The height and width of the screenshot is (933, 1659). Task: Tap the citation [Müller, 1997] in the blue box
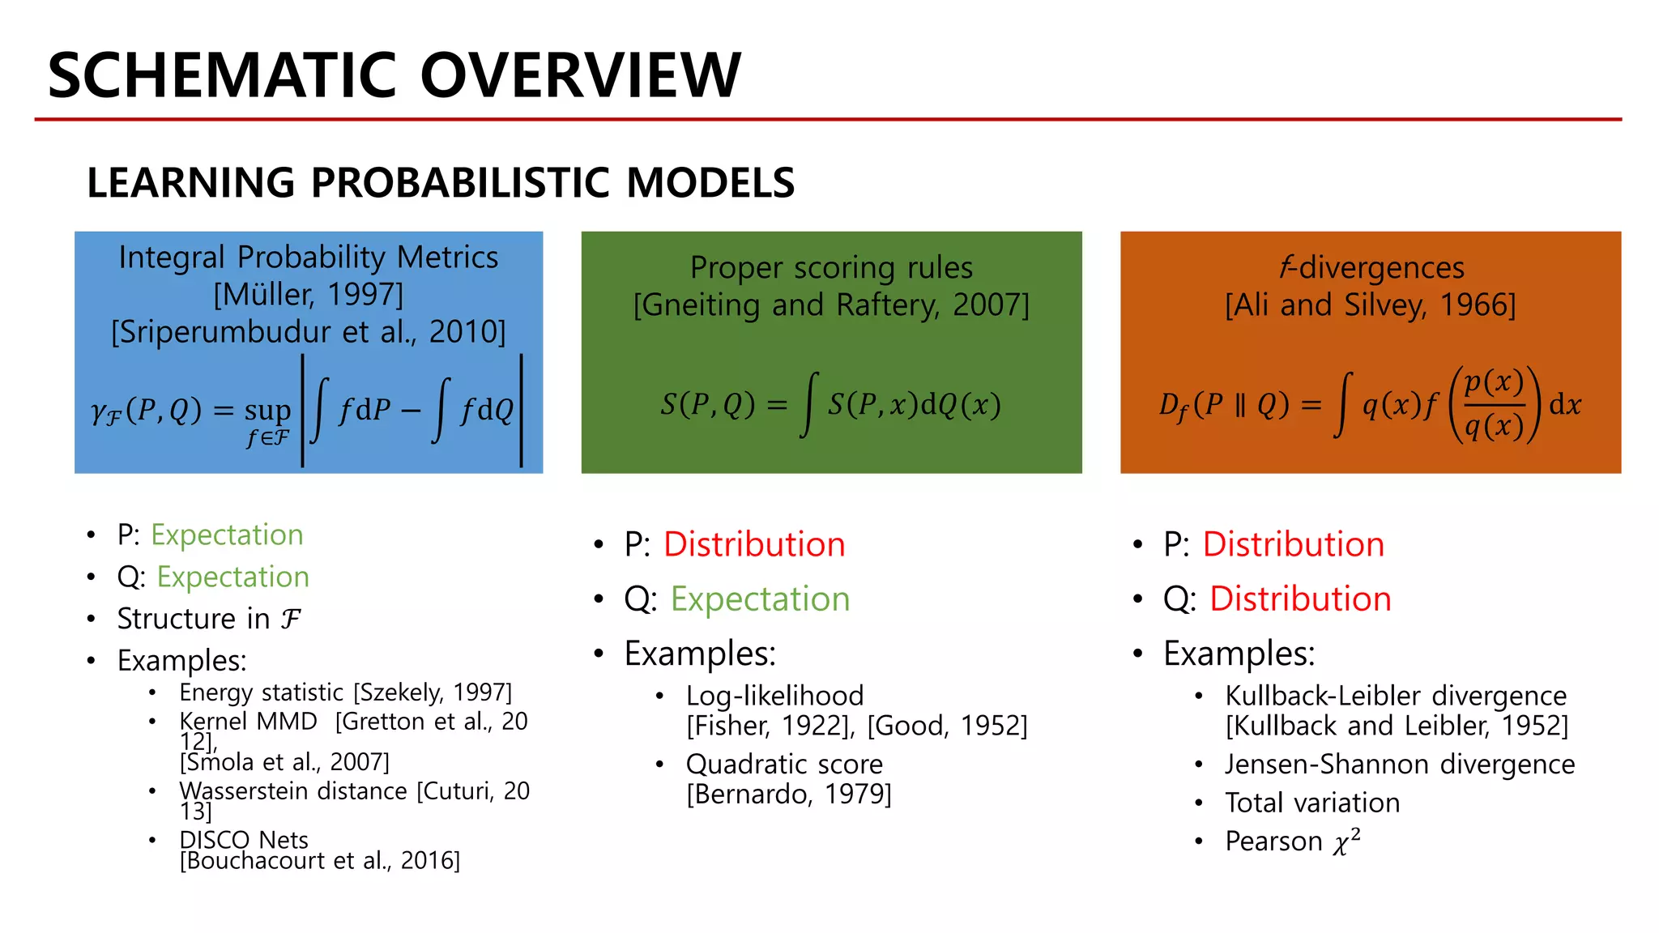point(308,295)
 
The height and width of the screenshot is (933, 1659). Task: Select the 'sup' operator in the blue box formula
point(267,410)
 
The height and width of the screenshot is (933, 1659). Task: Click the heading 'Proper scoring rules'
point(831,267)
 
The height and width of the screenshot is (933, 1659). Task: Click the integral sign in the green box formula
point(808,404)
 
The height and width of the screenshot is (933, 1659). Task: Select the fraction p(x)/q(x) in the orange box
point(1494,404)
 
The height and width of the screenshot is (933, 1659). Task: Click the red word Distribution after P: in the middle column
point(754,544)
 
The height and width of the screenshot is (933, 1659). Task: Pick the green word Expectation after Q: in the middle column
point(760,599)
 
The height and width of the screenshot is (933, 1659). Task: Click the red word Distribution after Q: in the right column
point(1300,599)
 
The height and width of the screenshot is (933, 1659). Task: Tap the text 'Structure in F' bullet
point(209,619)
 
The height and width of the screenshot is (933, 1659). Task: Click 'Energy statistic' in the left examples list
point(261,692)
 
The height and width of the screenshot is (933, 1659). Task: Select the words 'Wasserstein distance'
point(293,790)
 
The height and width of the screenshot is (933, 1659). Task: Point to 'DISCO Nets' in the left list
point(244,840)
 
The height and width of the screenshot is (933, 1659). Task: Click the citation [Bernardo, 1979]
point(788,795)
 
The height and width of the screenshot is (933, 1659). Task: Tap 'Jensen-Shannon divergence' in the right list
point(1400,765)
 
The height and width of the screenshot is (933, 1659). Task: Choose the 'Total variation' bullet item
point(1312,803)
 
